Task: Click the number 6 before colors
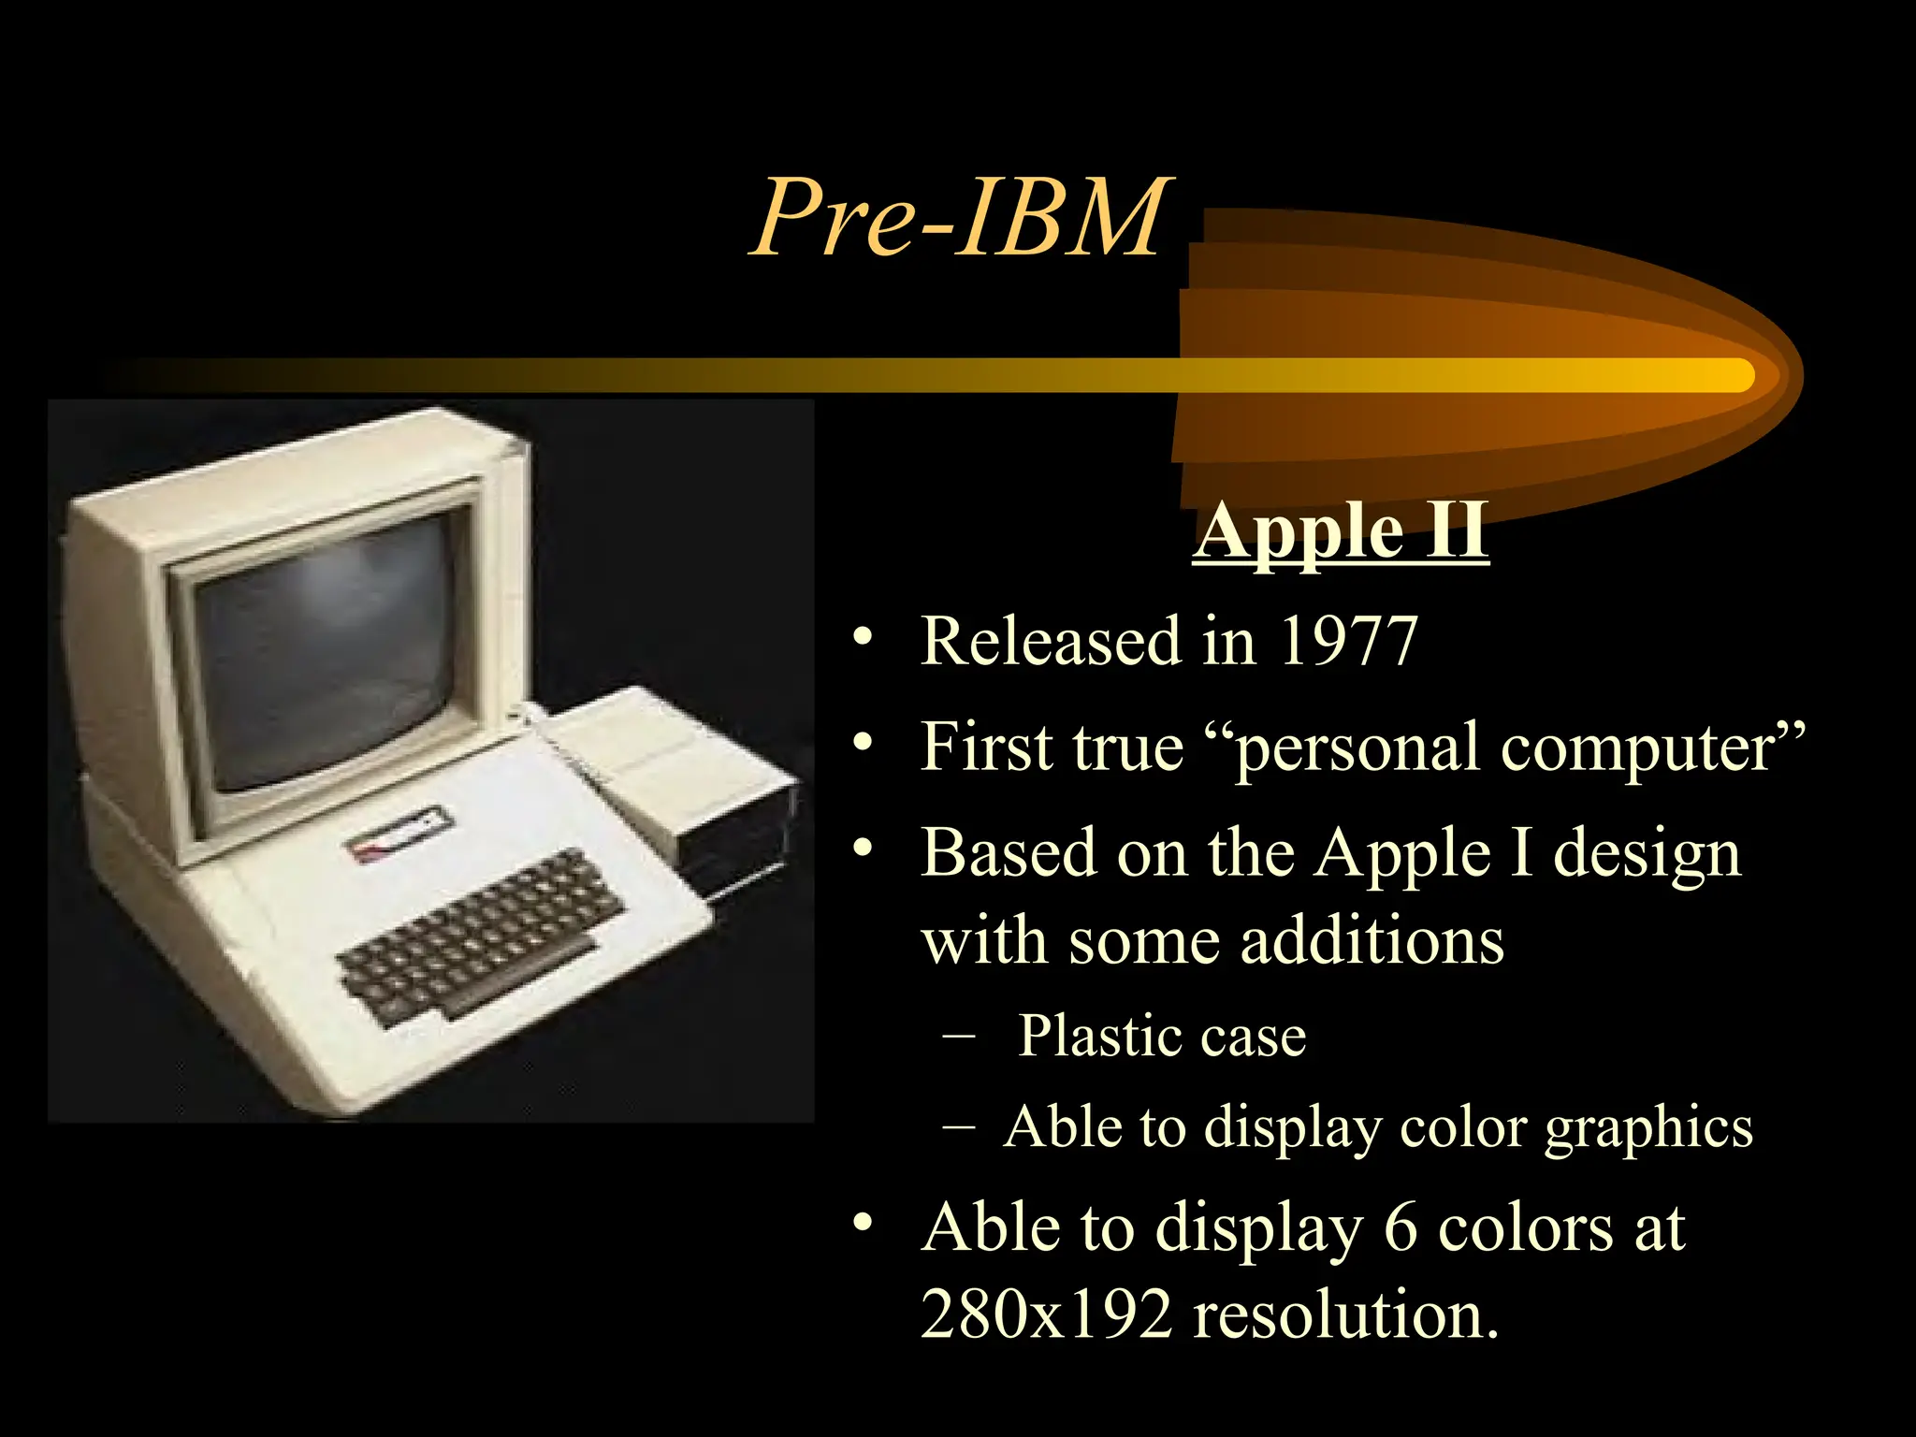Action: point(1401,1227)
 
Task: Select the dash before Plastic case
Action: point(958,1036)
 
